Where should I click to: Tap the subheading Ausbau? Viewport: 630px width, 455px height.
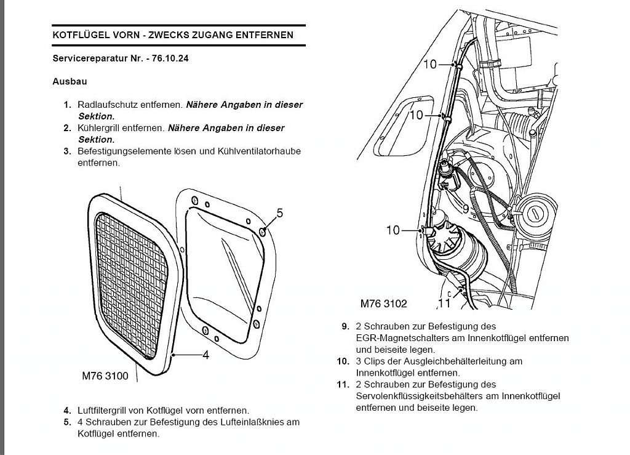click(70, 81)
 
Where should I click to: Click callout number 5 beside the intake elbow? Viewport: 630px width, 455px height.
click(279, 213)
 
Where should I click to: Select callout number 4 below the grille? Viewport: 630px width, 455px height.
click(206, 355)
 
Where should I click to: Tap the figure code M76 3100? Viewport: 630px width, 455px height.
click(105, 376)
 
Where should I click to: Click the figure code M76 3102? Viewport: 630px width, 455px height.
click(384, 304)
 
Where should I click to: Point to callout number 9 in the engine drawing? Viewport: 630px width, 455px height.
click(465, 209)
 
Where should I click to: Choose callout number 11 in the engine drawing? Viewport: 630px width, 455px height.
click(444, 303)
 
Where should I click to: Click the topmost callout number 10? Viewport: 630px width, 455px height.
click(429, 63)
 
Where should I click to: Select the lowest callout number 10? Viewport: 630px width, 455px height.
click(393, 230)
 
